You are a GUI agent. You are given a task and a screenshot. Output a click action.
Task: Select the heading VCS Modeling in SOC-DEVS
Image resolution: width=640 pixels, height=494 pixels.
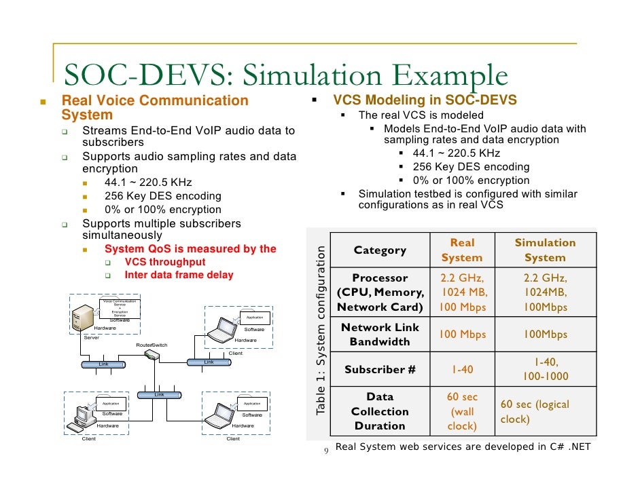pyautogui.click(x=425, y=100)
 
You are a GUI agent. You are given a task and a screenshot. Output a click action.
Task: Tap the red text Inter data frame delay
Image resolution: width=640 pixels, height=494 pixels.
pyautogui.click(x=179, y=275)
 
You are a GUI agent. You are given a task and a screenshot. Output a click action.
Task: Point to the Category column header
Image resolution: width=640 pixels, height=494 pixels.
pyautogui.click(x=380, y=250)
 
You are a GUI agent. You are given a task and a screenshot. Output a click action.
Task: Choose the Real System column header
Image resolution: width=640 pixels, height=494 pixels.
pyautogui.click(x=462, y=250)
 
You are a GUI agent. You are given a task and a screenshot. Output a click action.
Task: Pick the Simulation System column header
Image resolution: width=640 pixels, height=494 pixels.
pyautogui.click(x=545, y=250)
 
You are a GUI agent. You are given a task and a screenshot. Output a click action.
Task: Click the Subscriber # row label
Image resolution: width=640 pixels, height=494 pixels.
pyautogui.click(x=380, y=370)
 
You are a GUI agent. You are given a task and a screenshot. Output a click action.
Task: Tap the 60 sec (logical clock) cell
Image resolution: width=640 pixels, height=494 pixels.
pyautogui.click(x=534, y=411)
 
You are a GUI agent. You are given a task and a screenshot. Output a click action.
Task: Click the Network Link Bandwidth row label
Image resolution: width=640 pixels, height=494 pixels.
pyautogui.click(x=380, y=335)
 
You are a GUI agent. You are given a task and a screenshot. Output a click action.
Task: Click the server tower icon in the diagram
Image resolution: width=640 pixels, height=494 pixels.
pyautogui.click(x=84, y=318)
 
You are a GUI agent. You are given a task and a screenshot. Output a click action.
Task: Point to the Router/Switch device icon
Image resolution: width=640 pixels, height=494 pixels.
pyautogui.click(x=152, y=360)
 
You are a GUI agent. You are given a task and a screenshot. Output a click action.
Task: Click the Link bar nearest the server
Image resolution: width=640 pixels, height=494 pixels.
pyautogui.click(x=103, y=364)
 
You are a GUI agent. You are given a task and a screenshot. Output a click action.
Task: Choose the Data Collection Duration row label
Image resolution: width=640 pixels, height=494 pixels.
pyautogui.click(x=380, y=411)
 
